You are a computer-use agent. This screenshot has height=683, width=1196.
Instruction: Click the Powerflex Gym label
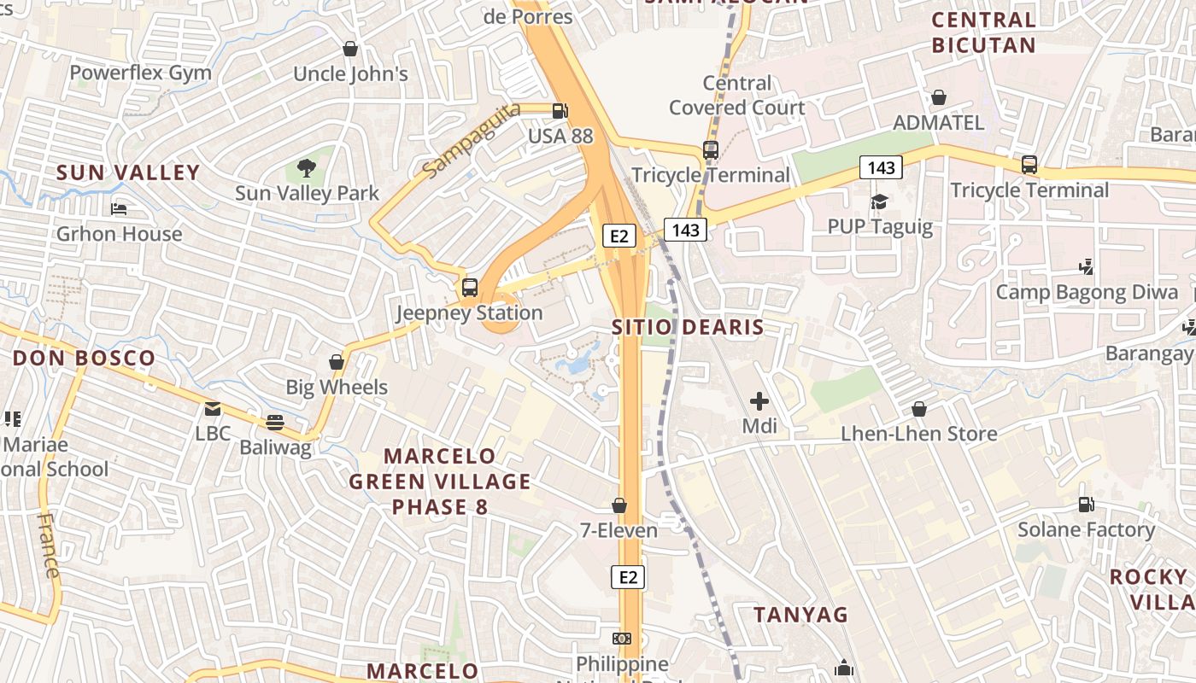click(x=140, y=73)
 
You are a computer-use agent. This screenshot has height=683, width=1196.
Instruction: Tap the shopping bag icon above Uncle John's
click(x=349, y=50)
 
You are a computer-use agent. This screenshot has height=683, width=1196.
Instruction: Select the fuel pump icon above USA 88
click(x=560, y=111)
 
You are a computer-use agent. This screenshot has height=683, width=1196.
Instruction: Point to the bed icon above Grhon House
click(x=119, y=209)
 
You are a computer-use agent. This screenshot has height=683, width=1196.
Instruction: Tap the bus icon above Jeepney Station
click(x=469, y=288)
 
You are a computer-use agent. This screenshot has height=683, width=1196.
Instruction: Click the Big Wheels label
click(x=337, y=388)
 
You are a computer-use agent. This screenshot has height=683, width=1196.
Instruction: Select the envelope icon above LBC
click(x=212, y=409)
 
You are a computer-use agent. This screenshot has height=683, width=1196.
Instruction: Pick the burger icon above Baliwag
click(x=274, y=422)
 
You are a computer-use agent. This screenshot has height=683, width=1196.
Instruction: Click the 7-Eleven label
click(x=619, y=530)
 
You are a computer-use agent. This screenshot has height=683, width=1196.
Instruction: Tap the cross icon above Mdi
click(x=759, y=400)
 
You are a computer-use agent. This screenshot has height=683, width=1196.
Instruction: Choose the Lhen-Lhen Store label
click(x=919, y=434)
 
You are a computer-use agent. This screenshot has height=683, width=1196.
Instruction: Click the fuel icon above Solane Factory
click(x=1086, y=505)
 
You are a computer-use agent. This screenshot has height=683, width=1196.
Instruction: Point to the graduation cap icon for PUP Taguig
click(x=879, y=202)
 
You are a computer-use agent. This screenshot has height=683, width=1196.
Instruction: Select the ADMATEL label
click(x=938, y=122)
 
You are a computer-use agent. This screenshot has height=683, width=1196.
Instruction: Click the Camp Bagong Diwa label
click(x=1087, y=293)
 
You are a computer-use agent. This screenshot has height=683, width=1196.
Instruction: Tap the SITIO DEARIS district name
click(x=688, y=327)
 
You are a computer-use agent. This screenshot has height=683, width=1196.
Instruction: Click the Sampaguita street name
click(x=471, y=140)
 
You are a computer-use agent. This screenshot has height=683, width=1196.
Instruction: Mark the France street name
click(x=50, y=546)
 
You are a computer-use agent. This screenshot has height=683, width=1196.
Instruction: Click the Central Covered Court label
click(x=736, y=95)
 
